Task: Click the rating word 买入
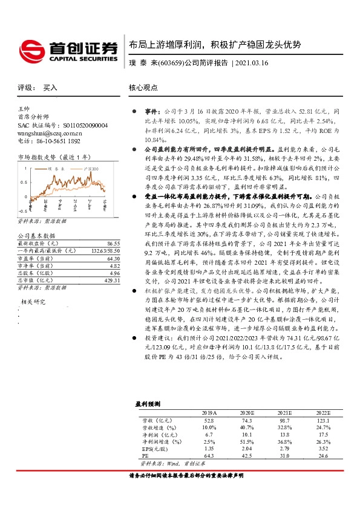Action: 50,88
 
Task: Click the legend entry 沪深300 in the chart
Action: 91,170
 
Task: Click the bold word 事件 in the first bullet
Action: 151,112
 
